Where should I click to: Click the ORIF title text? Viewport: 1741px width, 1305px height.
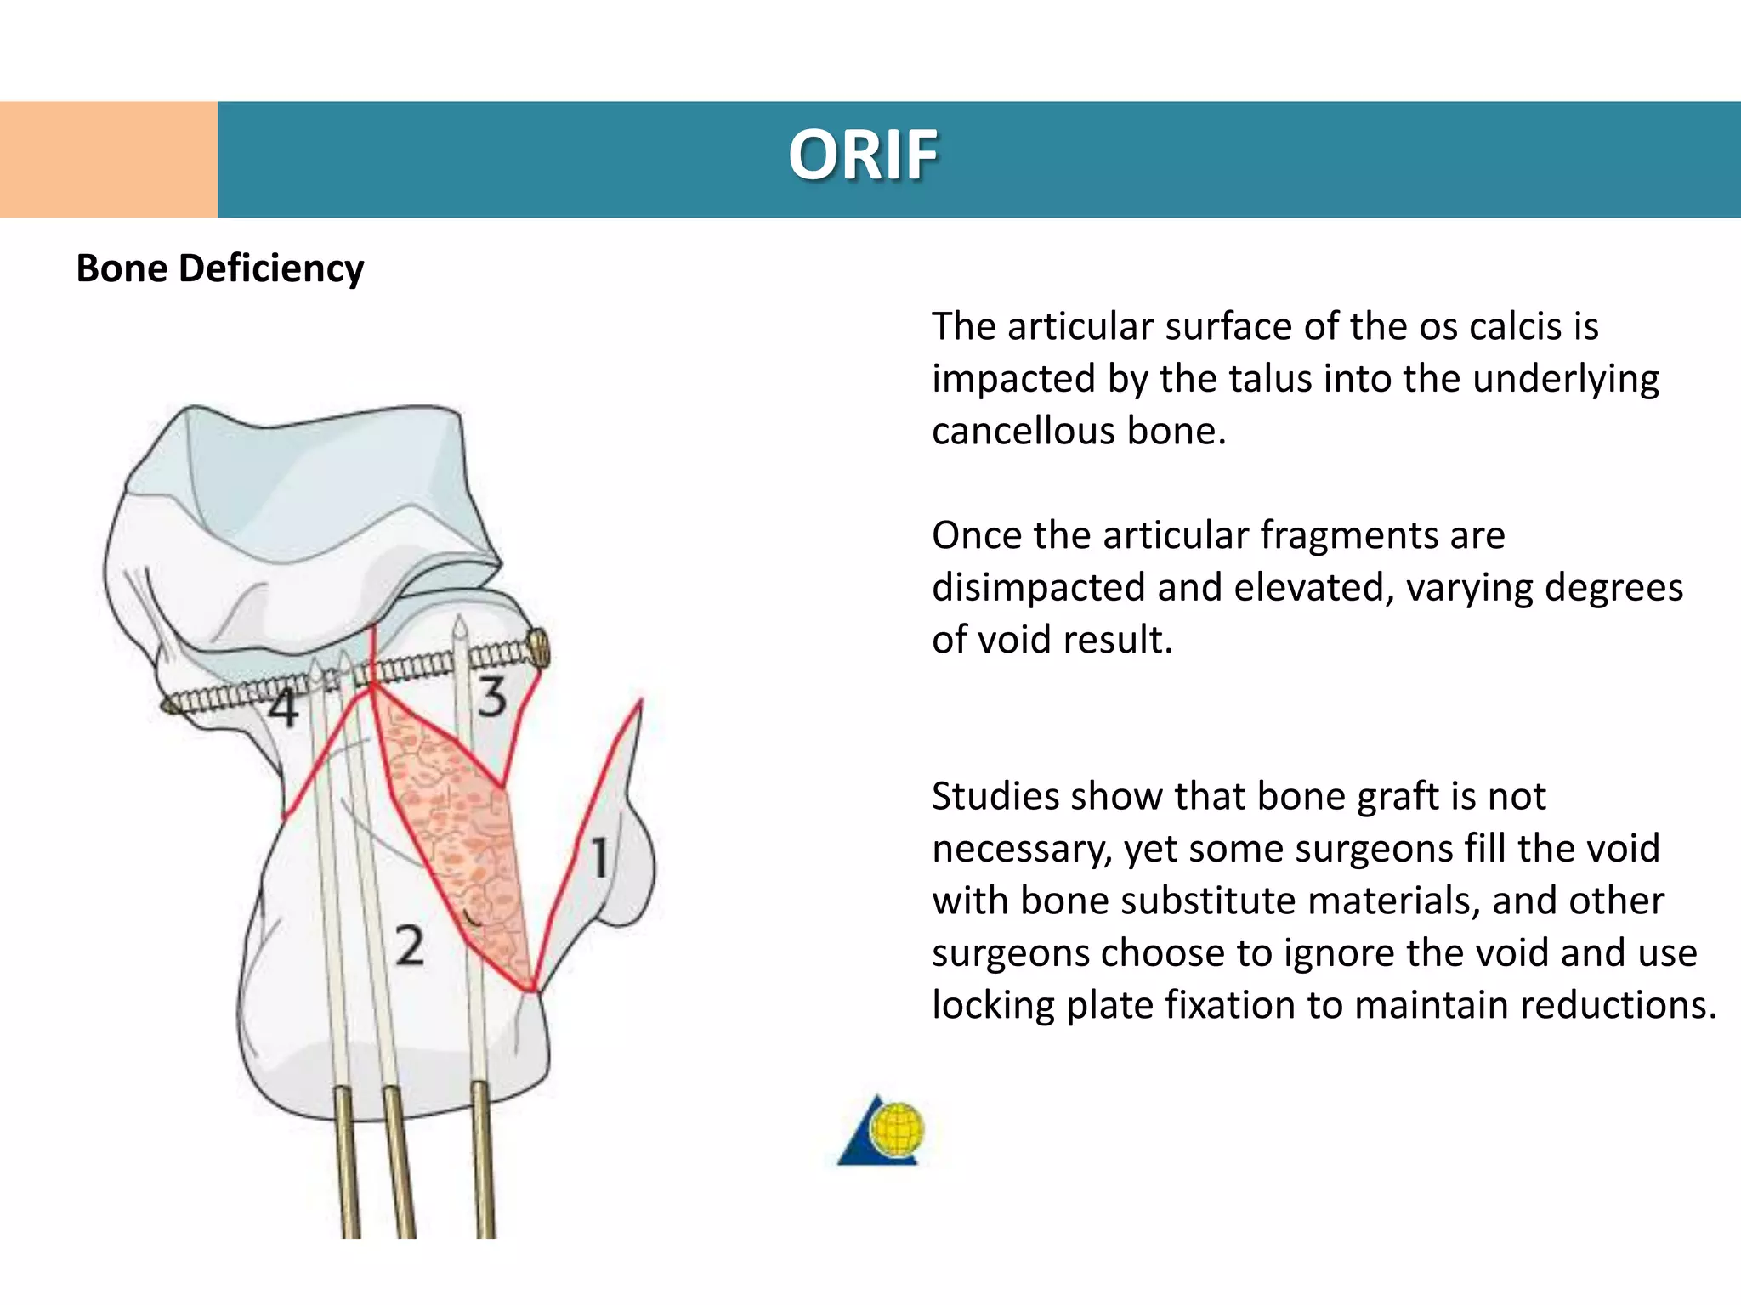click(863, 156)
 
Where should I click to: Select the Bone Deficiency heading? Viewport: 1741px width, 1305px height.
click(220, 268)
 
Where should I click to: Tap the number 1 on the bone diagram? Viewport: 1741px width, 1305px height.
click(600, 857)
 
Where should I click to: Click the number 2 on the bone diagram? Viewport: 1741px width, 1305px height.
click(410, 946)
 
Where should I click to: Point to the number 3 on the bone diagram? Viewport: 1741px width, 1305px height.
click(492, 698)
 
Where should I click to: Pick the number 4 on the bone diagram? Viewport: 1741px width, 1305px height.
click(284, 708)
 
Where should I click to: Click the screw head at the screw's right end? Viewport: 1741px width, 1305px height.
click(539, 650)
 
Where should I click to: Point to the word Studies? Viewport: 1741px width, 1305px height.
click(995, 797)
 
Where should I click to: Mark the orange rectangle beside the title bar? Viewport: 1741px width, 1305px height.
click(108, 159)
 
